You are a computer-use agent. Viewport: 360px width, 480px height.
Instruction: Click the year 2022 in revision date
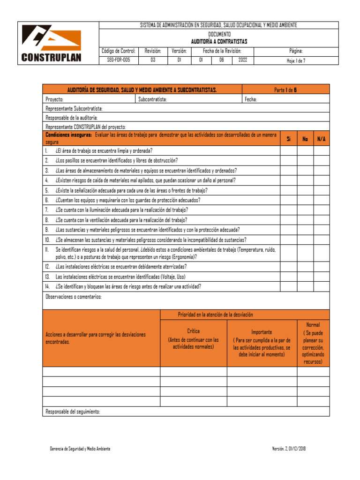242,60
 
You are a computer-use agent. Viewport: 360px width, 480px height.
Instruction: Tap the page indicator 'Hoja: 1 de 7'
296,60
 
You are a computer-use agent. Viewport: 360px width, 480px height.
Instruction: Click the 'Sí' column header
289,139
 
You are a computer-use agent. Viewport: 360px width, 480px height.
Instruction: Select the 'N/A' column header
322,139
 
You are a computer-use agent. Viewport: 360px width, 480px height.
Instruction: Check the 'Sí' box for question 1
289,151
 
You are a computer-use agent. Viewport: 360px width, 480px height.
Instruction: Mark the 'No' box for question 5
305,190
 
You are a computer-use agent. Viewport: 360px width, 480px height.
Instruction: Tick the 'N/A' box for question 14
322,286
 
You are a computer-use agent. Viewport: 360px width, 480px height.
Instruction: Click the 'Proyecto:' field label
55,99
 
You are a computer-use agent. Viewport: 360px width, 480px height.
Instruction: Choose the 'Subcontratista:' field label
153,99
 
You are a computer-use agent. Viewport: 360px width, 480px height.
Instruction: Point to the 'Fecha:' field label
251,99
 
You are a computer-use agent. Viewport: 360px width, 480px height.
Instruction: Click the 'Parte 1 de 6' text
285,90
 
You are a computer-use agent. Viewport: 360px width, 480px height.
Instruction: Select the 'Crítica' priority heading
193,331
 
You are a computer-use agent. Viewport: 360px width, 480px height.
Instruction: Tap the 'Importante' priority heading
262,332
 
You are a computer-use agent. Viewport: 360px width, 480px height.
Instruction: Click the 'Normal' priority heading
313,324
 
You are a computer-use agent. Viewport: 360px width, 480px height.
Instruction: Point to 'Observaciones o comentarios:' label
73,297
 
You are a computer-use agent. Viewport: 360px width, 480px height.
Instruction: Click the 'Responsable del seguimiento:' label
73,412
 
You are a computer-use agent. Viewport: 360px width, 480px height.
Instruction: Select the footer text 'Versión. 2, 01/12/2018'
289,449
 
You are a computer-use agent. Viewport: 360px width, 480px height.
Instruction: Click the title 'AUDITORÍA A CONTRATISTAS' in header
219,41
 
